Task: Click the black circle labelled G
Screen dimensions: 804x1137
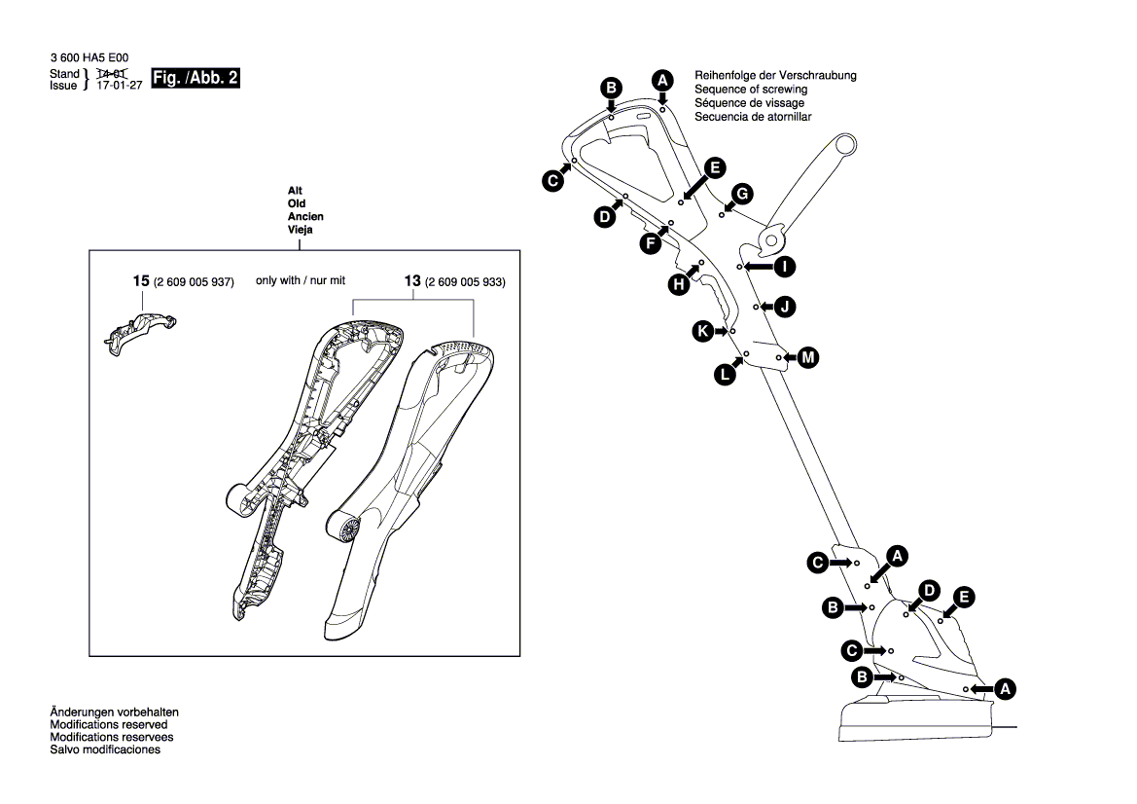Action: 741,192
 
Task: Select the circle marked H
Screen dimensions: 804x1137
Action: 679,283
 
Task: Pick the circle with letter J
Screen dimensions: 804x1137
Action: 786,308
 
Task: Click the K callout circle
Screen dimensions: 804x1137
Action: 701,331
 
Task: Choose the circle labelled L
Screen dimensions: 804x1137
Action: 725,372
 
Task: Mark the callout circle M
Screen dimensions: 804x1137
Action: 808,358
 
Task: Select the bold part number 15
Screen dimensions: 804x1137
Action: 141,281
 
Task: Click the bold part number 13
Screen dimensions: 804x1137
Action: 412,281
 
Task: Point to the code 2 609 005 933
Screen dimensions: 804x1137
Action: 466,282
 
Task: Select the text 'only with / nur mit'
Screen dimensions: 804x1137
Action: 301,280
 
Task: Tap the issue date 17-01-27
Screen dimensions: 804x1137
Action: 120,86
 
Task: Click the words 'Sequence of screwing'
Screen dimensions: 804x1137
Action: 751,90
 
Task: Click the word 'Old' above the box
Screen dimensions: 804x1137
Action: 297,203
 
